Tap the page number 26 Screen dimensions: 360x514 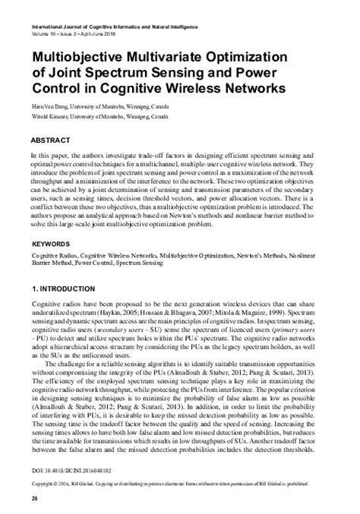[34, 497]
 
